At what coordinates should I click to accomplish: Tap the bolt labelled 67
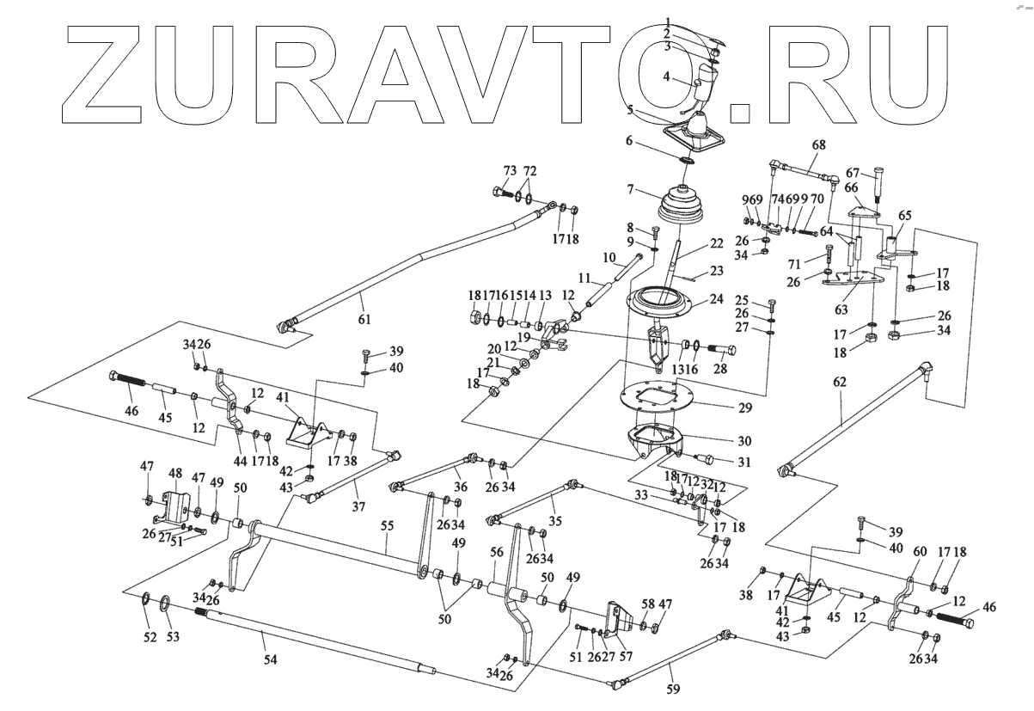point(879,186)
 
